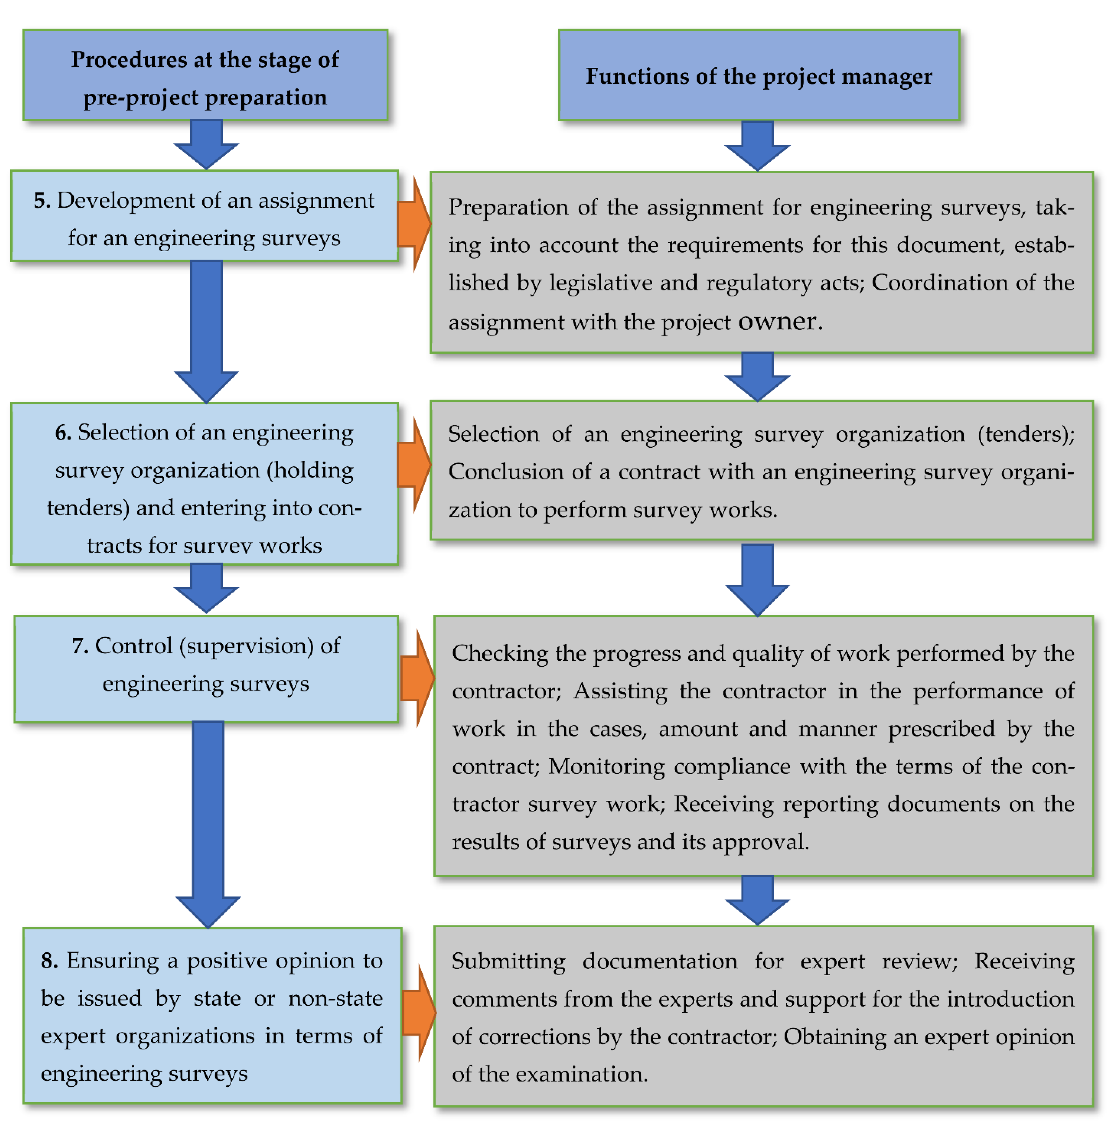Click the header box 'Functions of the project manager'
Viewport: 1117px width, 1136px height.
[x=759, y=76]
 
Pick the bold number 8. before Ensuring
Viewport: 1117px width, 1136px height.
[x=49, y=961]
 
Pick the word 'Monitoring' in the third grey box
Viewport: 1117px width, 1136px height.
[x=606, y=766]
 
